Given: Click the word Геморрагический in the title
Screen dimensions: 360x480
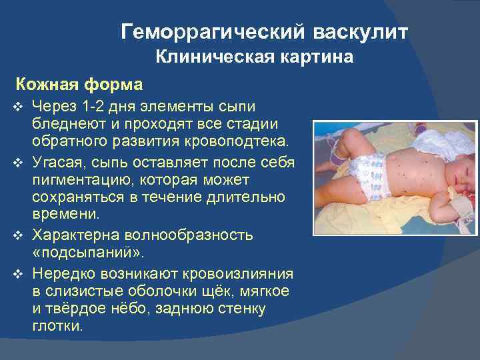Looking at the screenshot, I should (213, 33).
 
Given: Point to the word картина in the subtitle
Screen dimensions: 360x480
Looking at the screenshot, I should (315, 58).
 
